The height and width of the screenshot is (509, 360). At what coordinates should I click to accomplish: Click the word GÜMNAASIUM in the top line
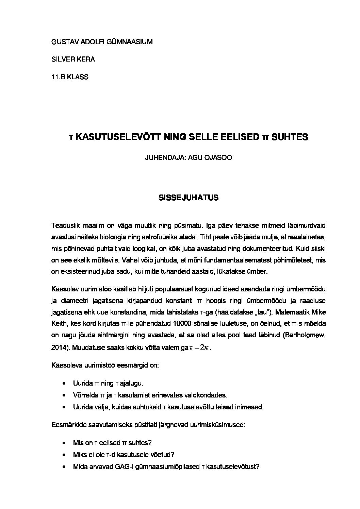point(130,42)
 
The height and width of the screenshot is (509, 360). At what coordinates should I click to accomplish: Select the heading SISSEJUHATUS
point(188,198)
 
